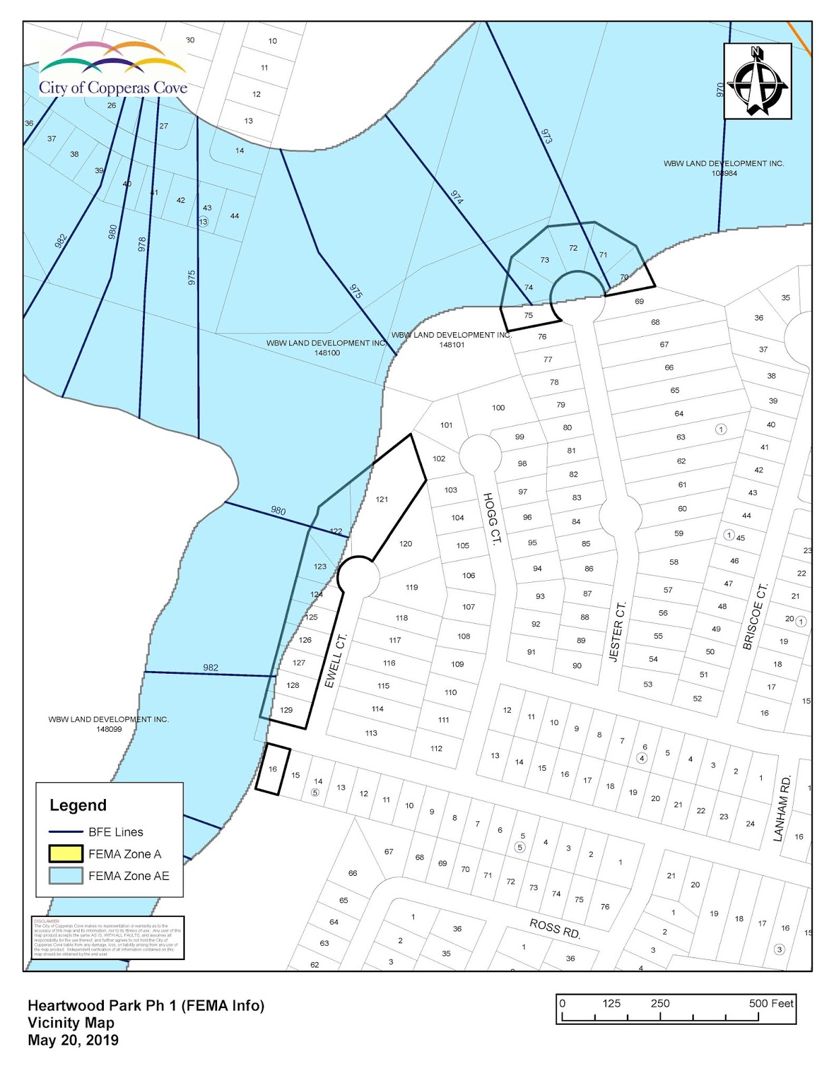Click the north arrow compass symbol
(757, 82)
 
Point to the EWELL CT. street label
(335, 660)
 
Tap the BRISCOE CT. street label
(755, 616)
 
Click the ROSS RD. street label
(555, 928)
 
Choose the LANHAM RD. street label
(781, 808)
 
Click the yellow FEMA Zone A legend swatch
(65, 854)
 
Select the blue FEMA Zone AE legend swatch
(65, 876)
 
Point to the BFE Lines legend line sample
(65, 832)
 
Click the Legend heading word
(78, 805)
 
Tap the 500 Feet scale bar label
(771, 1003)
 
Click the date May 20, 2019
(73, 1040)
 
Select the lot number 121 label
(382, 499)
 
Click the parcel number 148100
(327, 352)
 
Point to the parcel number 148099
(109, 729)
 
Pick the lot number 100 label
(498, 408)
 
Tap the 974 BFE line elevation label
(457, 197)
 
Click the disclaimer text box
(108, 937)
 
